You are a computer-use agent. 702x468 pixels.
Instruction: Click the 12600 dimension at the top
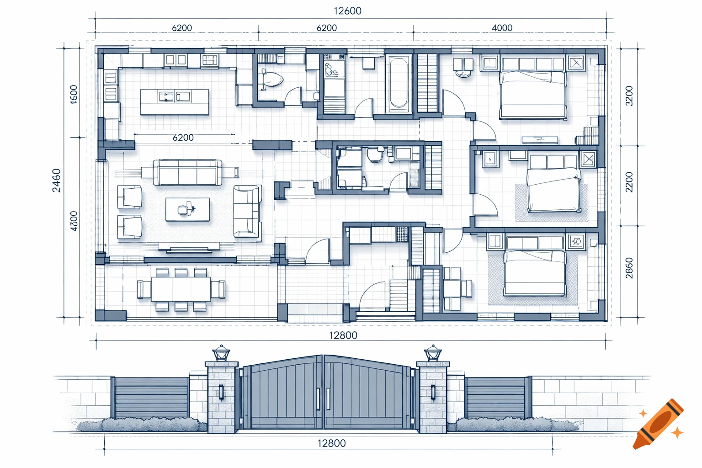tap(347, 11)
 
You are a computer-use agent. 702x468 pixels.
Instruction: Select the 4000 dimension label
tap(501, 28)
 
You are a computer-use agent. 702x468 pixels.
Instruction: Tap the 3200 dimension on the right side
tap(629, 96)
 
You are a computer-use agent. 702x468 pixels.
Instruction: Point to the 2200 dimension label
tap(629, 182)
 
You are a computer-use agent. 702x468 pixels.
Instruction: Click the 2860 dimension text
tap(629, 268)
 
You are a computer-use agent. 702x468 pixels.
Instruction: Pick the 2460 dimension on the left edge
tap(56, 180)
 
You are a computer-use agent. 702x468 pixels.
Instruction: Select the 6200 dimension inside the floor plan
tap(183, 138)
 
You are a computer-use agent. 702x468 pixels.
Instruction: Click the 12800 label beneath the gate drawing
tap(331, 443)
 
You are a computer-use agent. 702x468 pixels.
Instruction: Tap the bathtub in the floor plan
tap(399, 84)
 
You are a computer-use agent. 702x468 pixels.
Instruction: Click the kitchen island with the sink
tap(174, 101)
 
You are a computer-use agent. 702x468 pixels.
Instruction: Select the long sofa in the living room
tap(187, 173)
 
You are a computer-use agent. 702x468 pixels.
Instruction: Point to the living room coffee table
tap(187, 209)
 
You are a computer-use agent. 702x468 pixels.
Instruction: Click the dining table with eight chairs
tap(181, 289)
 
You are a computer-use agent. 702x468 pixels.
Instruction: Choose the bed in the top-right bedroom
tap(533, 94)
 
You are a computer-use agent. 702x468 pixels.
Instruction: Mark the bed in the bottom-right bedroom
tap(535, 272)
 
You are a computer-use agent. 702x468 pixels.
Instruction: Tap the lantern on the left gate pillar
tap(222, 353)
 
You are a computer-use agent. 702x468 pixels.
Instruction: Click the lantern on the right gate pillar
tap(432, 353)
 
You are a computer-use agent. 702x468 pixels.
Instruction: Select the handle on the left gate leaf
tap(318, 399)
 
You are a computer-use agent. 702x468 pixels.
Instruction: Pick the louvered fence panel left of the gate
tap(151, 398)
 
